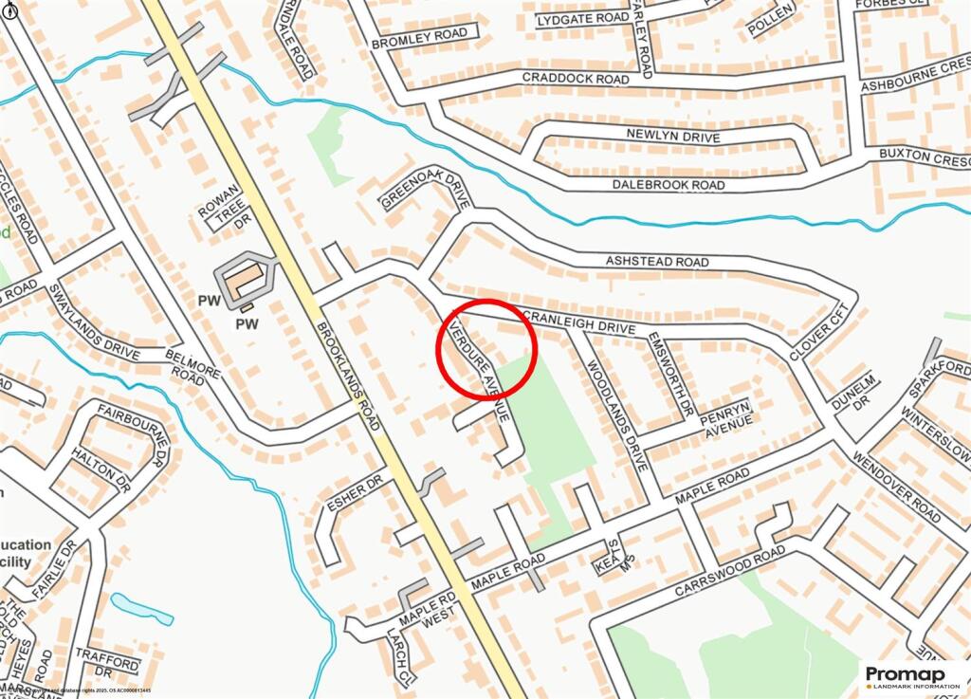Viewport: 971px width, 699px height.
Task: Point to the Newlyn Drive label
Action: tap(673, 136)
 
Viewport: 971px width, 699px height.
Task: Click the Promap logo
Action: tap(913, 676)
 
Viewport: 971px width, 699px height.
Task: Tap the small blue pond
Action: tap(142, 608)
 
